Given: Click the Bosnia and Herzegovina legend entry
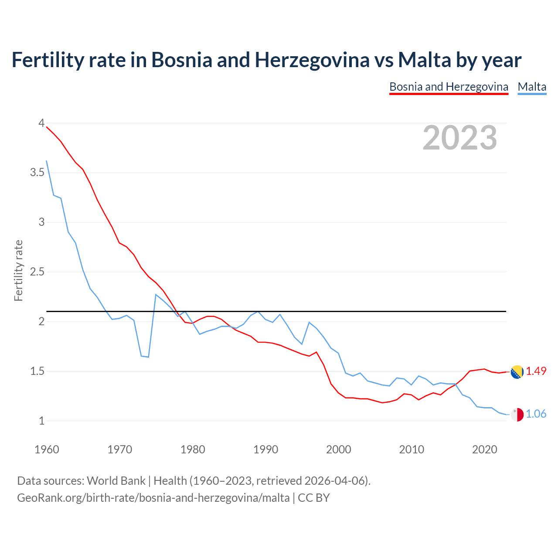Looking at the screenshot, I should click(449, 87).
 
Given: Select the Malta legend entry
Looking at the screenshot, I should click(532, 87).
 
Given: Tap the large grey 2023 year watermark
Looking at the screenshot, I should click(460, 138).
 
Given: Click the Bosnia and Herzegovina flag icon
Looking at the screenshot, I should click(517, 372).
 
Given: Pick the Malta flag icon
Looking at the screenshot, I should click(517, 415).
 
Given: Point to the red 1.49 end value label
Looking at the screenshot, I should click(536, 371).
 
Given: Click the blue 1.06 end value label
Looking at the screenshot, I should click(536, 414).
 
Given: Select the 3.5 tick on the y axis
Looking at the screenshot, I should click(37, 173).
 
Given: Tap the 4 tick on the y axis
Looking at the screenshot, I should click(41, 123).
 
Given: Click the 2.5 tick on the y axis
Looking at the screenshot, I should click(37, 272).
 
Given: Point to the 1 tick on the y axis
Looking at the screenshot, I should click(41, 421).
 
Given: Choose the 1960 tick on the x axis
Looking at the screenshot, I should click(47, 449).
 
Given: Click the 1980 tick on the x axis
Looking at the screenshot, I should click(193, 449).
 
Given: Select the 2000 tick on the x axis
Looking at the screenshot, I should click(339, 449).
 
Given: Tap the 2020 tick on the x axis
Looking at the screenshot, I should click(485, 449).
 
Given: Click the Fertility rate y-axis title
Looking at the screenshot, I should click(18, 270).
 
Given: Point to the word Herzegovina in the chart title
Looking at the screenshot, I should click(312, 60).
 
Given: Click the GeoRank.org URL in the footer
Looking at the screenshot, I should click(153, 497).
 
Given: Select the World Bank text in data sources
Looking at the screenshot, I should click(116, 481).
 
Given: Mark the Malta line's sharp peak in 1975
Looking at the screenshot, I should click(156, 295).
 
